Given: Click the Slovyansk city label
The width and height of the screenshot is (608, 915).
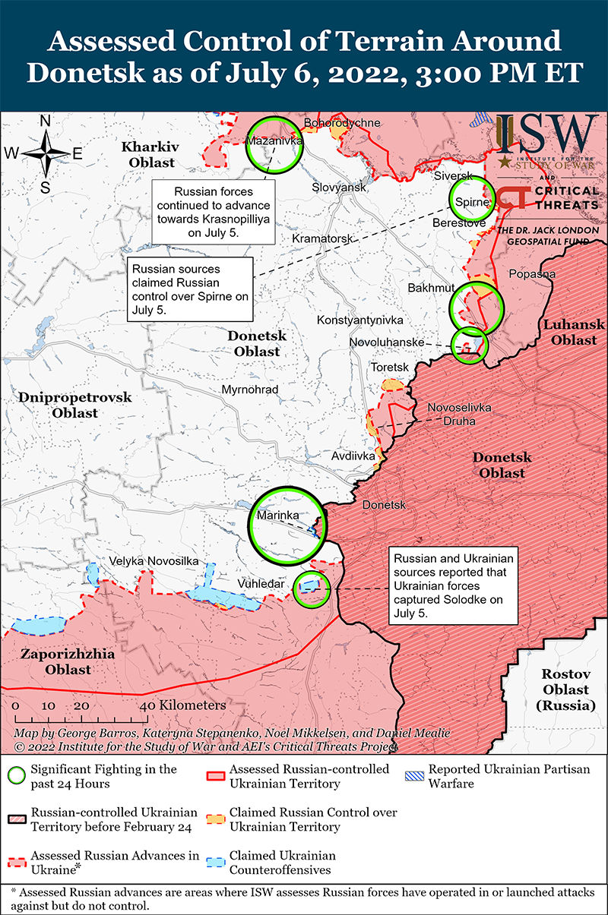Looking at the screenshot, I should [x=339, y=187].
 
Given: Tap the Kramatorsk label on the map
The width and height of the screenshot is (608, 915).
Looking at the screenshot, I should [x=323, y=239].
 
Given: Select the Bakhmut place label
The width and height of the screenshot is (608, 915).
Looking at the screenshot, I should [x=431, y=288].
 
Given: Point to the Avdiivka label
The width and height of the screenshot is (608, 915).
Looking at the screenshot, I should [x=353, y=456].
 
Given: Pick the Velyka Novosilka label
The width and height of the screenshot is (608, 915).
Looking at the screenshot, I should [x=154, y=560].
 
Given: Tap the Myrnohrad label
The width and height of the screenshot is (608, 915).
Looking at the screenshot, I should [x=250, y=390].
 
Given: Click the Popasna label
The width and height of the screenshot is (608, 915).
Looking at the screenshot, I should [x=532, y=274].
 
